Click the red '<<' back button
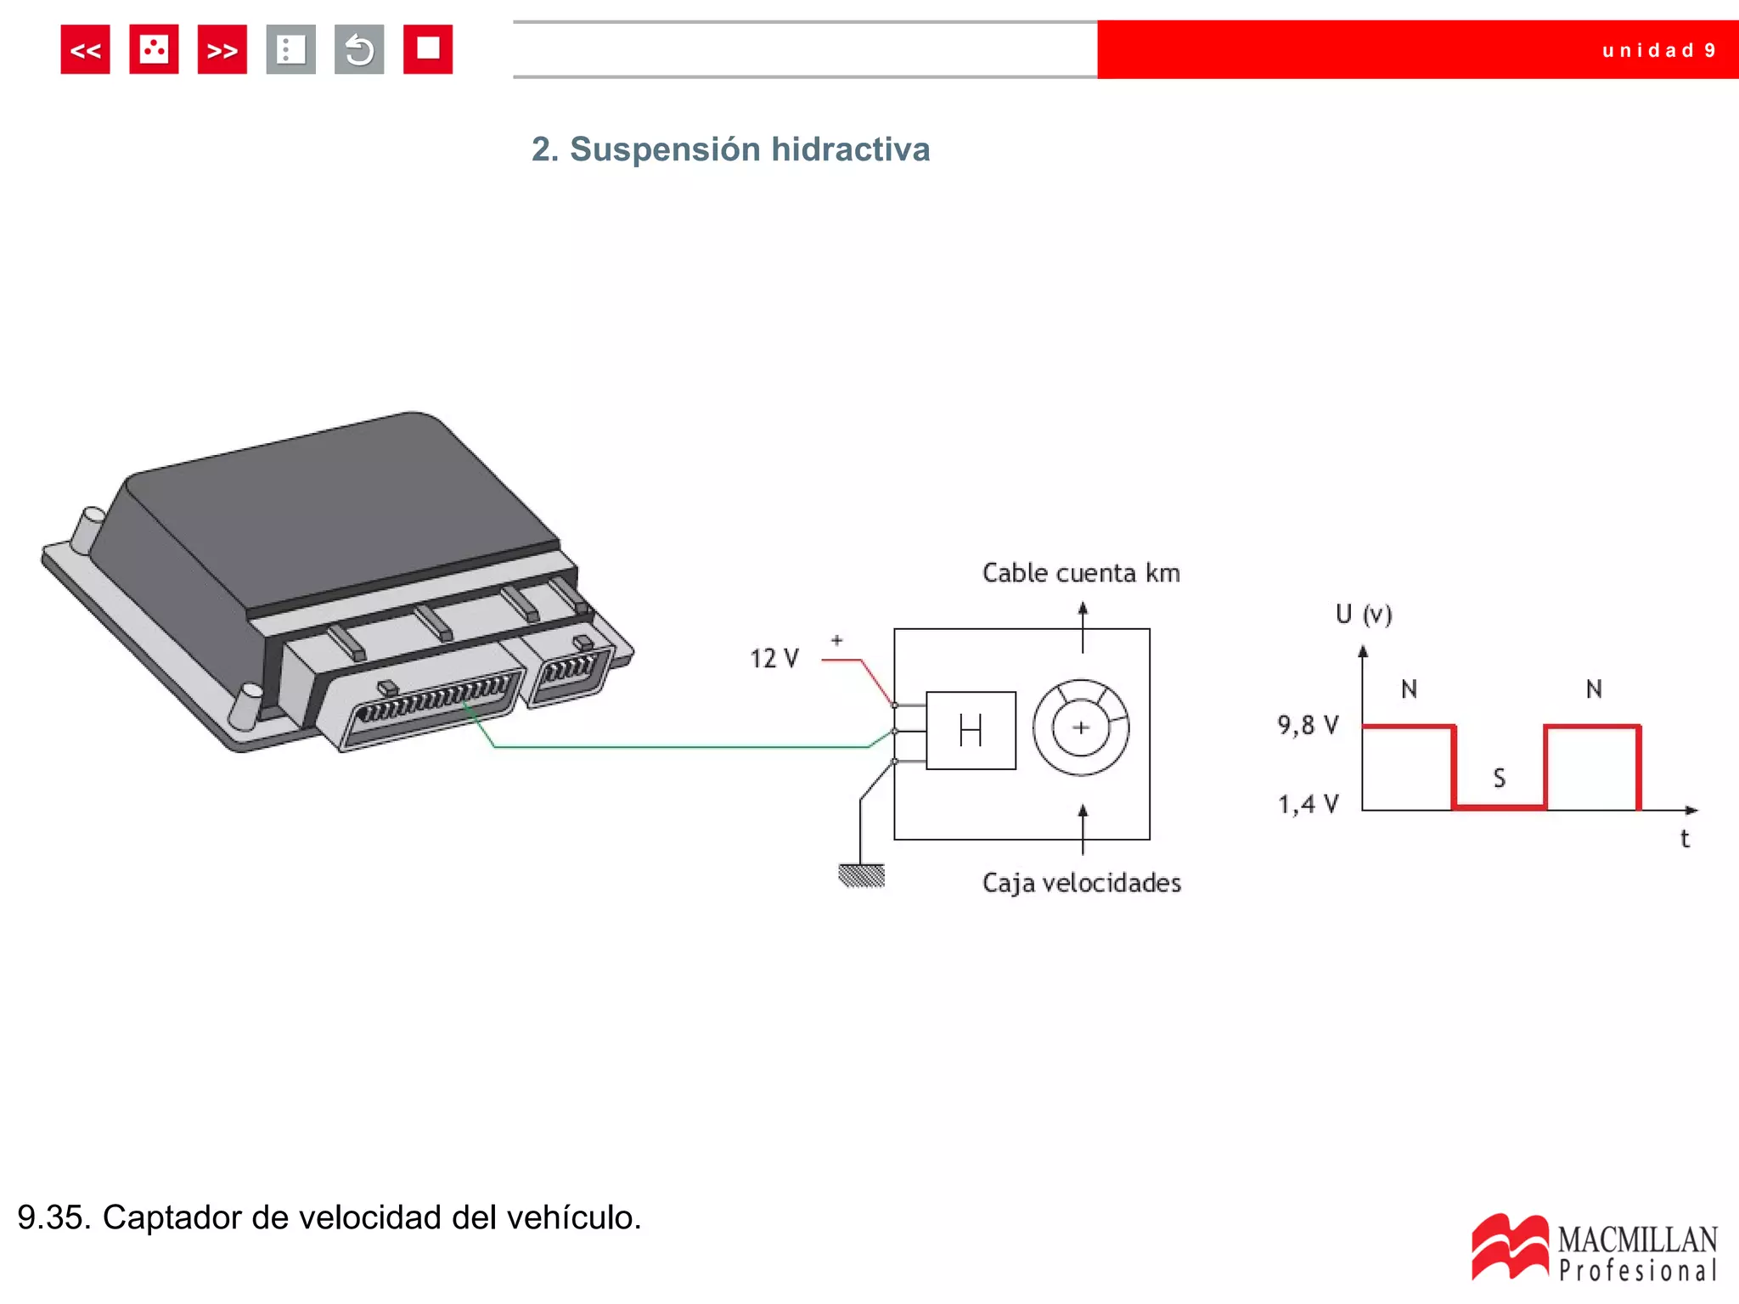85,50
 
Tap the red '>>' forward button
222,50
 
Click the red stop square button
427,49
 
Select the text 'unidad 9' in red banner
1658,50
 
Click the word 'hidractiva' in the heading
850,149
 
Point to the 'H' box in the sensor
971,730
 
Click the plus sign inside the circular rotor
1081,728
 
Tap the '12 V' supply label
774,659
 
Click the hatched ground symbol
861,875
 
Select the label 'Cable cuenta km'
1081,573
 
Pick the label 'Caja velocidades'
1081,883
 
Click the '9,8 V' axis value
1308,725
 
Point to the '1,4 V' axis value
1308,804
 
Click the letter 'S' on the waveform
1499,778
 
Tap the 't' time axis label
1685,839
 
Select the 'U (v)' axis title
1364,614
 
